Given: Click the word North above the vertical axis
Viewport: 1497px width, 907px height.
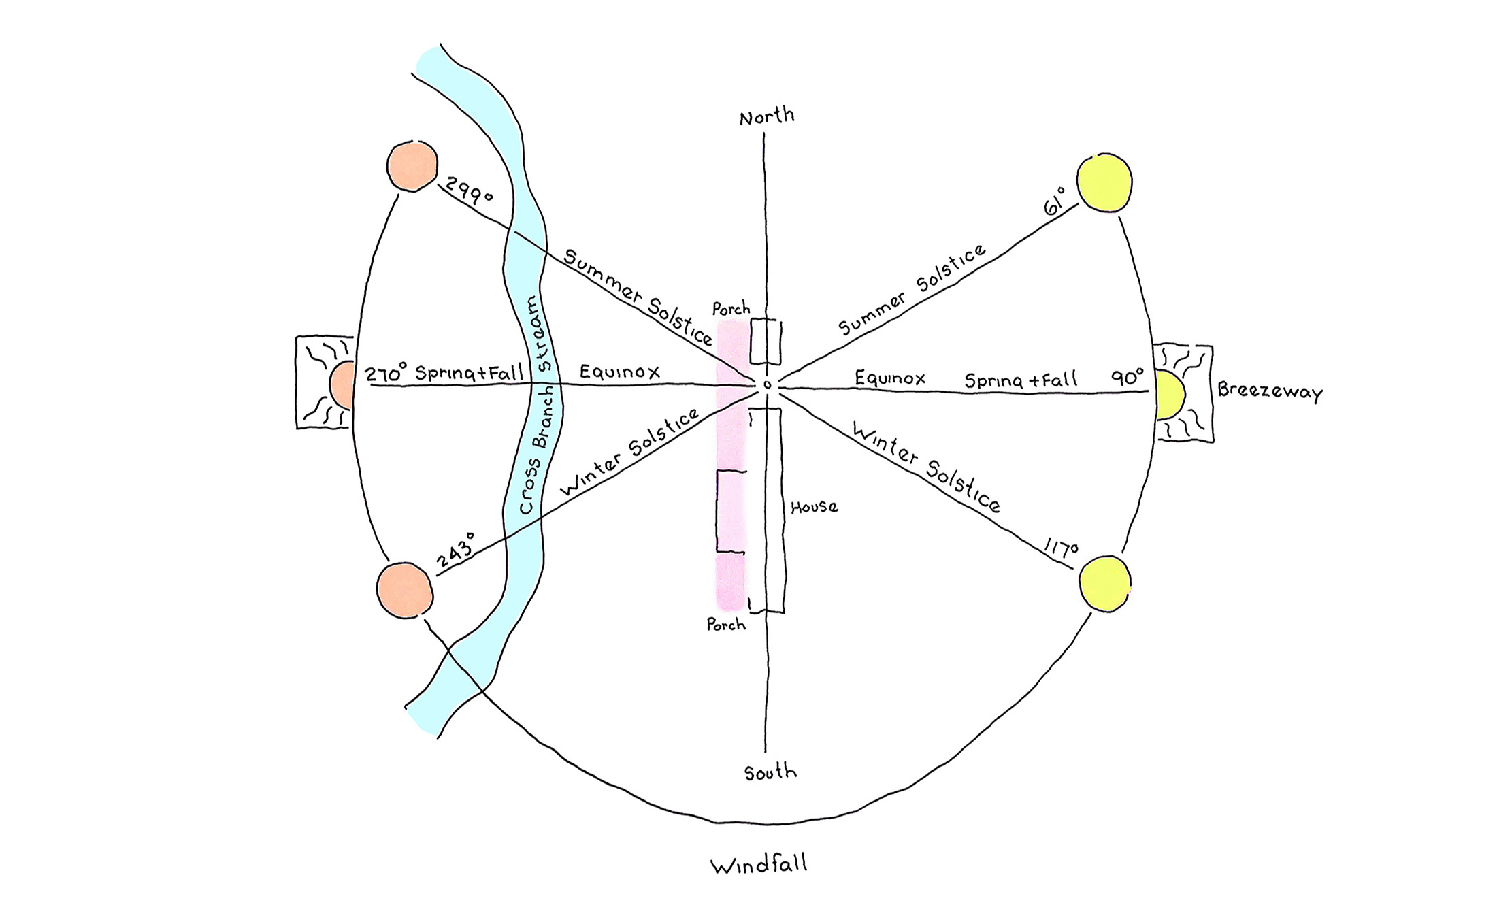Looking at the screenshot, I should coord(767,116).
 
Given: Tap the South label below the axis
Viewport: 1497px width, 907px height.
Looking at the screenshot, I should coord(770,772).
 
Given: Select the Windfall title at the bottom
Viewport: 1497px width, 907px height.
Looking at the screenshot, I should coord(759,865).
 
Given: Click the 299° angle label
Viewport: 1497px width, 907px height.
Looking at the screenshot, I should coord(468,191).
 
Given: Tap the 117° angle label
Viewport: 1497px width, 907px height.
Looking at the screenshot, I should coord(1061,550).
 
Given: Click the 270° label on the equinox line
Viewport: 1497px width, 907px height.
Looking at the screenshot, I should coord(385,374).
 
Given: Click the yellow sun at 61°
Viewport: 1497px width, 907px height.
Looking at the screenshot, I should coord(1104,182).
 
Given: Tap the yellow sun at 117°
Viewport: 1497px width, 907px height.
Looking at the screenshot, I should coord(1105,583).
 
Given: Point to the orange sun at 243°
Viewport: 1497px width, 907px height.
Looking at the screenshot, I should coord(405,590).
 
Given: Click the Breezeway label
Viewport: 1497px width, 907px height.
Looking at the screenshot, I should coord(1270,392).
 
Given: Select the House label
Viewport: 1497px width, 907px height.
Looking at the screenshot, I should coord(814,507).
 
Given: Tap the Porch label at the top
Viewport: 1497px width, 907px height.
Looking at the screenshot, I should coord(731,309).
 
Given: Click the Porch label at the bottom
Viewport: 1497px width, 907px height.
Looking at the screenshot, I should coord(726,624).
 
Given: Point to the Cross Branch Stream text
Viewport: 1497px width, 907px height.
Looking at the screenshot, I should coord(537,406).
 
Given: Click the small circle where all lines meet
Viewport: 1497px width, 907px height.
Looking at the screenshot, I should coord(768,386).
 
